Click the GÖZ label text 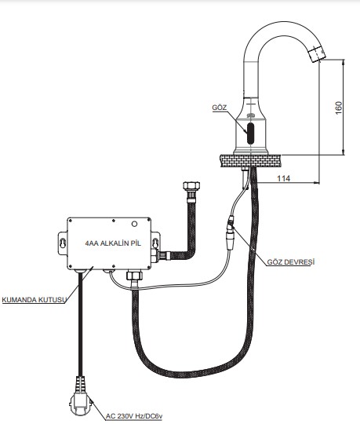[x=220, y=108]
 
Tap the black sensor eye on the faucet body [x=251, y=133]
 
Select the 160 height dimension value [x=338, y=108]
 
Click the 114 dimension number [x=284, y=178]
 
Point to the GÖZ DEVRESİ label [x=291, y=262]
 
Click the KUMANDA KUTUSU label [x=35, y=300]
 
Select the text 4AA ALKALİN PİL [x=113, y=243]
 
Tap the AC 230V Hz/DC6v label [x=134, y=416]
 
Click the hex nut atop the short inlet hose [x=191, y=186]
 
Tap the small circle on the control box [x=134, y=224]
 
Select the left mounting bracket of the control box [x=63, y=243]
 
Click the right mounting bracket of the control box [x=155, y=243]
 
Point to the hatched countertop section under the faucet [x=250, y=161]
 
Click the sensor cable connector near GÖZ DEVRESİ [x=231, y=232]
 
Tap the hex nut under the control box [x=134, y=276]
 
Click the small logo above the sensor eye [x=251, y=115]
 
